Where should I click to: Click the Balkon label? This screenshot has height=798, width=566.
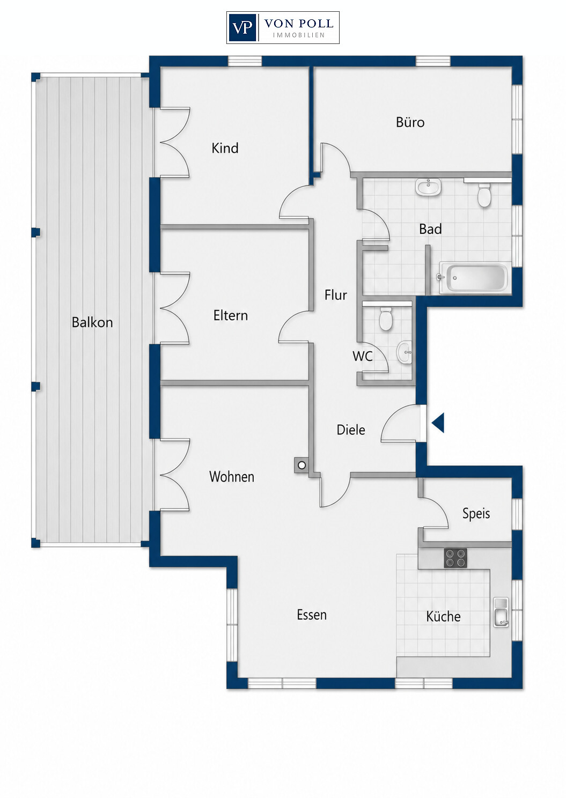92,322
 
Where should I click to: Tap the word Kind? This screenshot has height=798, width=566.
225,148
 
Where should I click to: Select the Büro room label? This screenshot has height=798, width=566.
410,122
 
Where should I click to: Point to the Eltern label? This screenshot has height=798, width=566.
231,316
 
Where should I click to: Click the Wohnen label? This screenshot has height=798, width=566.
232,477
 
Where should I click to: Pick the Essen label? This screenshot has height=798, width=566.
312,615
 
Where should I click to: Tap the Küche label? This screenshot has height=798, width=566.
443,616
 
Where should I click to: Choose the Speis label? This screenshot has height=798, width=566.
476,513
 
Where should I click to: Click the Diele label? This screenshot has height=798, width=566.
351,430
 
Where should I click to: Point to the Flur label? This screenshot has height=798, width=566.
336,295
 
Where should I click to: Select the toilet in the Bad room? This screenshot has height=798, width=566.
484,194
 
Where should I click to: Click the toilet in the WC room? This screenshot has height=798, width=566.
385,319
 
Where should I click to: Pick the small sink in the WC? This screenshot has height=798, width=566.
404,352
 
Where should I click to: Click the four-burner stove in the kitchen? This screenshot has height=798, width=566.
455,558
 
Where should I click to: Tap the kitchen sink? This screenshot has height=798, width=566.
501,612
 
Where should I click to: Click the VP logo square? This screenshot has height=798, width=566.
242,27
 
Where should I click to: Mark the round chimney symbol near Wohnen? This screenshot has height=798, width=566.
302,465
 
